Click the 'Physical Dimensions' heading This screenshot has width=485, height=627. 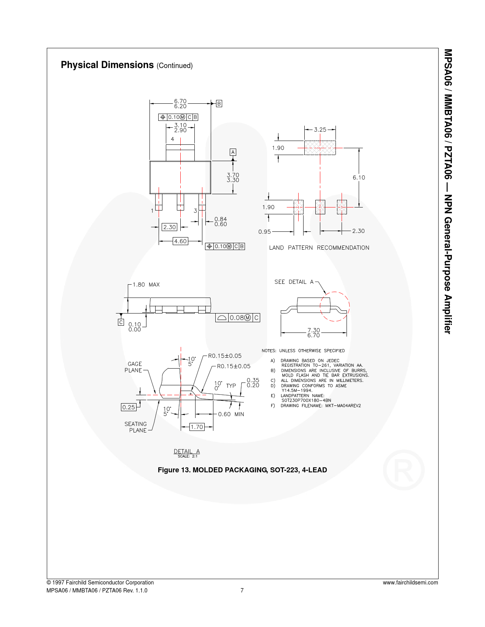(x=107, y=65)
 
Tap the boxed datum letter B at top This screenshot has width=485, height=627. (x=219, y=104)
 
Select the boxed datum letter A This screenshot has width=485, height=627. (x=233, y=152)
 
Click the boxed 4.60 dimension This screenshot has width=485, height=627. (x=180, y=241)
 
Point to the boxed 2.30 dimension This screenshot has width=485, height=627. (x=169, y=227)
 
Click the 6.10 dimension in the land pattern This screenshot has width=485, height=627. (x=359, y=177)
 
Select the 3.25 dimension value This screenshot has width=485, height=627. (x=320, y=130)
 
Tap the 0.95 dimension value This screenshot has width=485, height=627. (x=265, y=232)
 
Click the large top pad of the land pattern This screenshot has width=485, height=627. (x=320, y=148)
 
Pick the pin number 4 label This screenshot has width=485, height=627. (x=172, y=139)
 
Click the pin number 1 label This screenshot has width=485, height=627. (x=152, y=211)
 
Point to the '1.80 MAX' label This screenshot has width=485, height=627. (x=146, y=285)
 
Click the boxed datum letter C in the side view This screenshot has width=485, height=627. (x=121, y=322)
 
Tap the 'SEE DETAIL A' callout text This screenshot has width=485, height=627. (x=294, y=282)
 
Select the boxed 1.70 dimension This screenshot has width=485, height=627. (x=197, y=427)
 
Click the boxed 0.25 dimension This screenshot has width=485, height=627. (x=129, y=407)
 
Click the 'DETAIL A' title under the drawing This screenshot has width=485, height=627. (x=187, y=451)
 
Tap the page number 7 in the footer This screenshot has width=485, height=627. (x=242, y=591)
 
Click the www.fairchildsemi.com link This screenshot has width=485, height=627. (x=410, y=583)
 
